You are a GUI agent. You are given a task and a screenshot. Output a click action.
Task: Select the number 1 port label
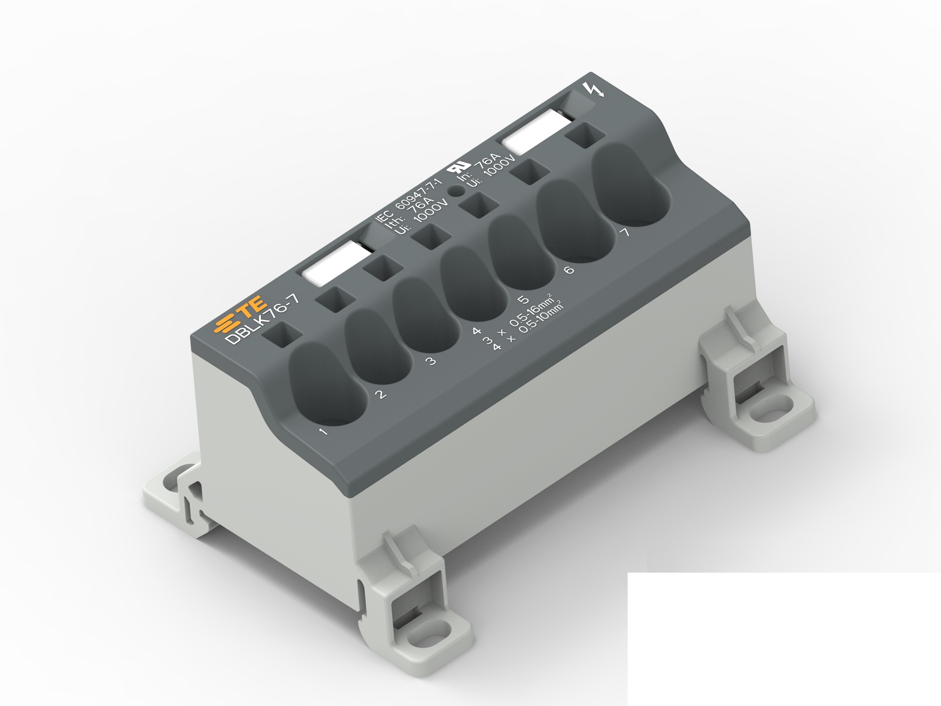pyautogui.click(x=324, y=432)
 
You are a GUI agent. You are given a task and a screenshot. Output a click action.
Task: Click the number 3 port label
pyautogui.click(x=431, y=361)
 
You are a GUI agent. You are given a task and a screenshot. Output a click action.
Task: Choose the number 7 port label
pyautogui.click(x=624, y=232)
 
